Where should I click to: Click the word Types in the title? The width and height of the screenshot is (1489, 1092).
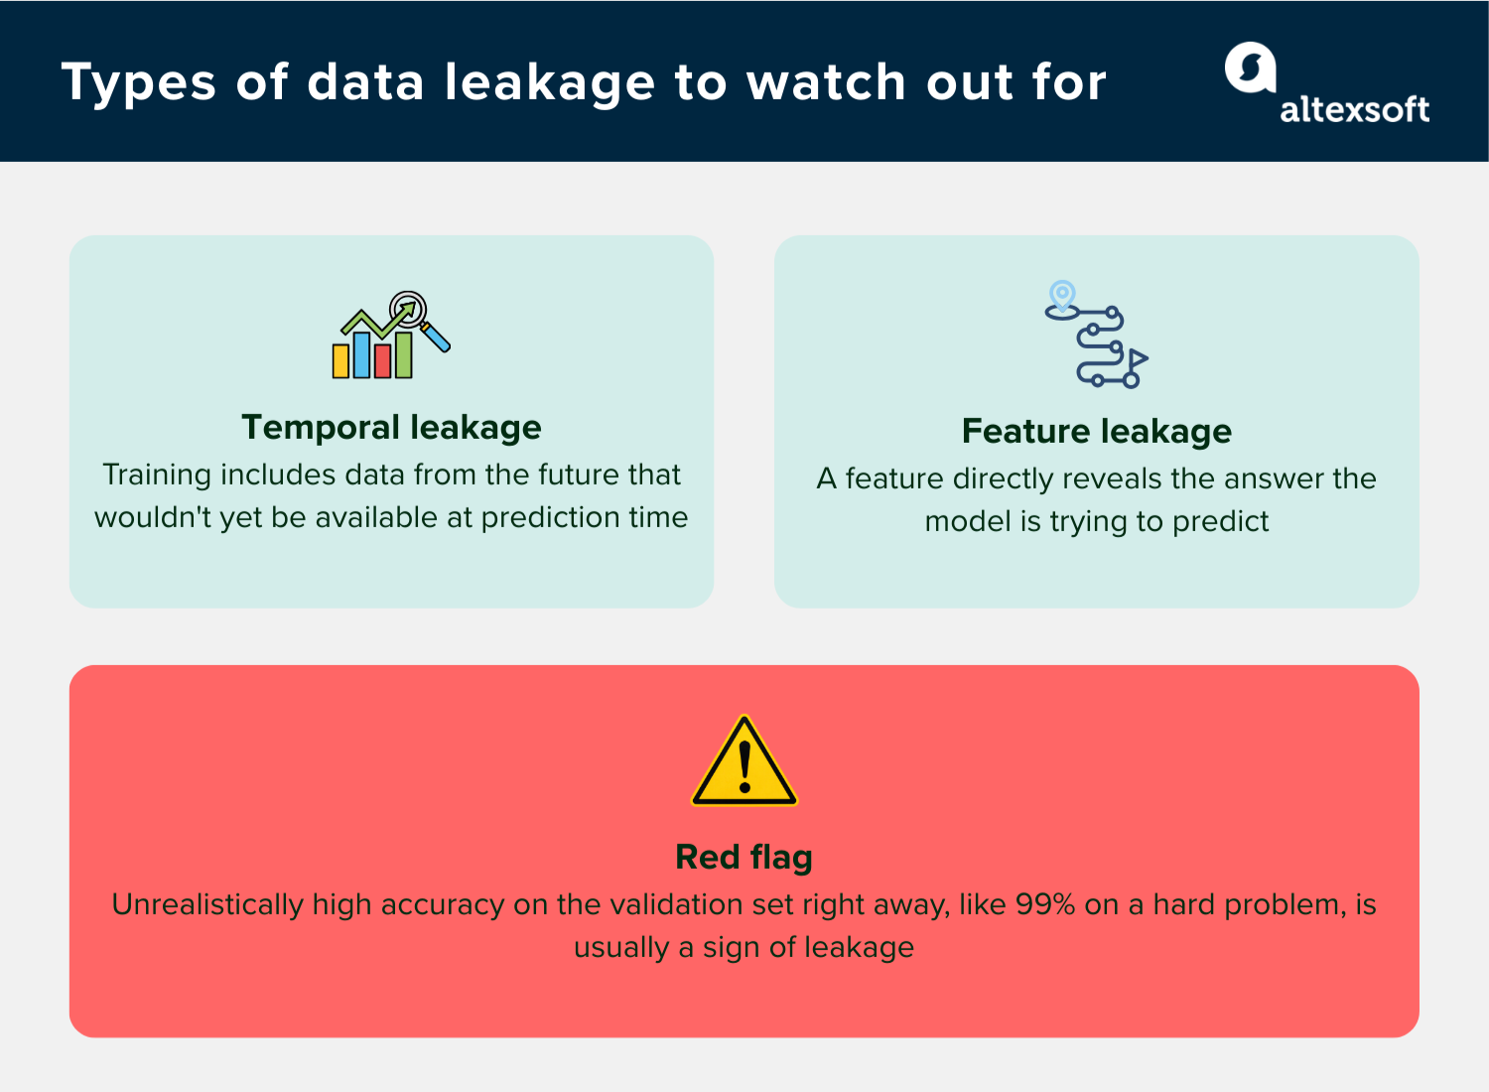pyautogui.click(x=138, y=83)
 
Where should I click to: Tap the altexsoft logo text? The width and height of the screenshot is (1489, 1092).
pyautogui.click(x=1354, y=109)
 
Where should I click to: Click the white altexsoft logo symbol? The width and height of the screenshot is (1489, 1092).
pyautogui.click(x=1250, y=68)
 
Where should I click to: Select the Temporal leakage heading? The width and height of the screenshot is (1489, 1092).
pyautogui.click(x=391, y=427)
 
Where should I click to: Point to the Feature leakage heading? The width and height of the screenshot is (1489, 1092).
pyautogui.click(x=1096, y=431)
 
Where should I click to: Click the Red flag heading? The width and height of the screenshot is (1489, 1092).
pyautogui.click(x=744, y=857)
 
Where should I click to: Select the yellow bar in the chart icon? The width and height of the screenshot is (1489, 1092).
pyautogui.click(x=341, y=360)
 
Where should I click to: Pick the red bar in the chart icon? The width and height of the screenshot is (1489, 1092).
pyautogui.click(x=383, y=360)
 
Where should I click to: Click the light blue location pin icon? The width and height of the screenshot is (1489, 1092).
pyautogui.click(x=1062, y=296)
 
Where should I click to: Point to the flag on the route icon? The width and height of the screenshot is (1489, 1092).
pyautogui.click(x=1138, y=358)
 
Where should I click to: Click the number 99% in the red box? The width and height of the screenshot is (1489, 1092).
pyautogui.click(x=1045, y=904)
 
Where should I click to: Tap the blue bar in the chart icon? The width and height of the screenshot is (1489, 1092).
pyautogui.click(x=362, y=354)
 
